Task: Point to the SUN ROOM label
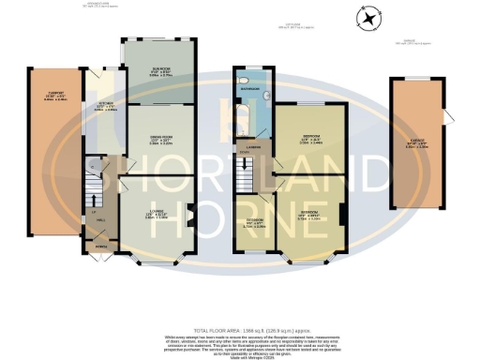[x=159, y=65]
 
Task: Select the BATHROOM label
[x=250, y=91]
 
